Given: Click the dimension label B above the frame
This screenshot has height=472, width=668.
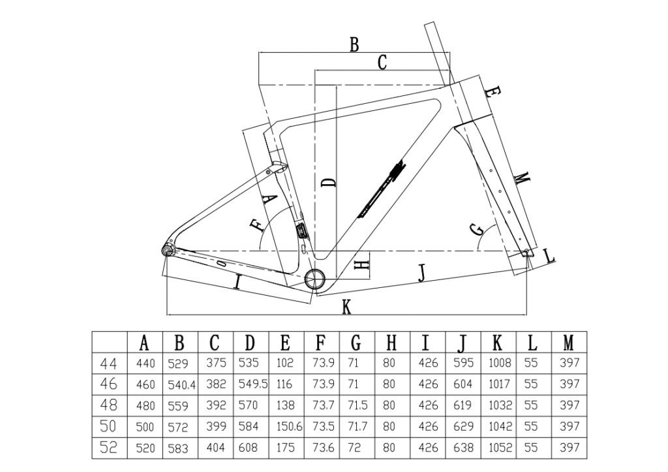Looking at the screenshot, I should [354, 44].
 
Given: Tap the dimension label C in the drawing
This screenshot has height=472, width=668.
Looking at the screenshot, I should [382, 63].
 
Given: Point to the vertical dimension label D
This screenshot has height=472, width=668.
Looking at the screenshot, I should [330, 181].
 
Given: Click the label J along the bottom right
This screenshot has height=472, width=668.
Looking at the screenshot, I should [421, 274].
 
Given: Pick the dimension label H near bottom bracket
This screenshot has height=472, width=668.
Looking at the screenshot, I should [362, 264].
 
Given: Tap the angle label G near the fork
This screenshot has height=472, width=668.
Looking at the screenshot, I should [477, 230].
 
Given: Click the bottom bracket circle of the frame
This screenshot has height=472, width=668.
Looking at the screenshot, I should [316, 278].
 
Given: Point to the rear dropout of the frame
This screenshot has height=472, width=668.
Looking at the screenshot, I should [168, 251].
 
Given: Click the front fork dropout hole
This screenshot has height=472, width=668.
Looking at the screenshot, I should [526, 251].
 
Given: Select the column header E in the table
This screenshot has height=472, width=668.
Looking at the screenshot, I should [285, 342].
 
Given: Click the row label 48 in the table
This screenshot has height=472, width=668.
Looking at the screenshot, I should [109, 405].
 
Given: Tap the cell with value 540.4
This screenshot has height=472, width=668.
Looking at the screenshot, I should [181, 385].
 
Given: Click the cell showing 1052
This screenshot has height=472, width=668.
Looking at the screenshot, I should [499, 448].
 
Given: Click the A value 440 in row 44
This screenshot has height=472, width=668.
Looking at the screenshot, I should [145, 363].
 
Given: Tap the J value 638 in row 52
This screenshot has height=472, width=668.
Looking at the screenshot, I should [463, 448].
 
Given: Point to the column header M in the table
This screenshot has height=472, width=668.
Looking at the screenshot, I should [569, 342].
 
